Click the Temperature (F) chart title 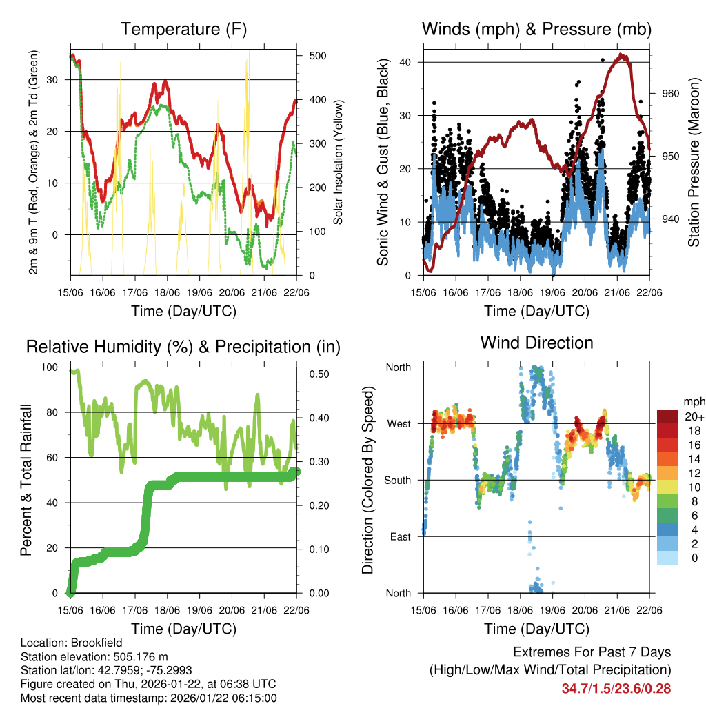click(x=183, y=29)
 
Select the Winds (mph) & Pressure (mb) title click(x=536, y=29)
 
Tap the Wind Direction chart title click(x=536, y=343)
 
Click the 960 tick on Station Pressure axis click(x=670, y=93)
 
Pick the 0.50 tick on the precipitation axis click(x=319, y=374)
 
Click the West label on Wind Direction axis click(x=399, y=423)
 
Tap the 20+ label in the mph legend click(x=694, y=416)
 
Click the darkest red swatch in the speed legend click(x=667, y=416)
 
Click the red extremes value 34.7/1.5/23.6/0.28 click(x=616, y=688)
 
